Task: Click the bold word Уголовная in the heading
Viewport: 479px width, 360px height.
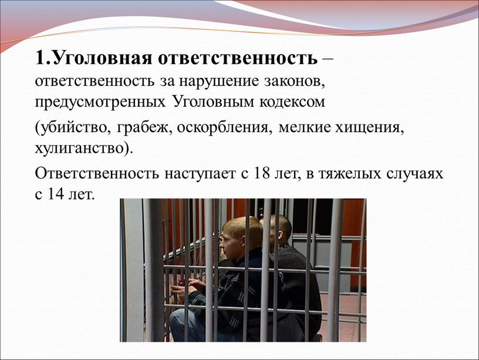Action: click(x=103, y=58)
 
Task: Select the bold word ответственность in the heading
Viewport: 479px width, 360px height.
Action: click(x=237, y=58)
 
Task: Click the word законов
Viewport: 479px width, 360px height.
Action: click(x=294, y=82)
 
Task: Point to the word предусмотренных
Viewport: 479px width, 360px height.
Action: click(x=100, y=102)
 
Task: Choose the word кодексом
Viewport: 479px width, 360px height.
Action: click(x=292, y=102)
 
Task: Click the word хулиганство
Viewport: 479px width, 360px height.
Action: click(x=80, y=149)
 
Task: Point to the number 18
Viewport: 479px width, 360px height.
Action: click(x=262, y=173)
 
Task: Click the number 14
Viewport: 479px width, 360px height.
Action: click(x=56, y=194)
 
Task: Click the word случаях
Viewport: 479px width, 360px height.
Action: click(x=415, y=174)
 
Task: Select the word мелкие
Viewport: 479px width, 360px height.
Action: click(x=305, y=127)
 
